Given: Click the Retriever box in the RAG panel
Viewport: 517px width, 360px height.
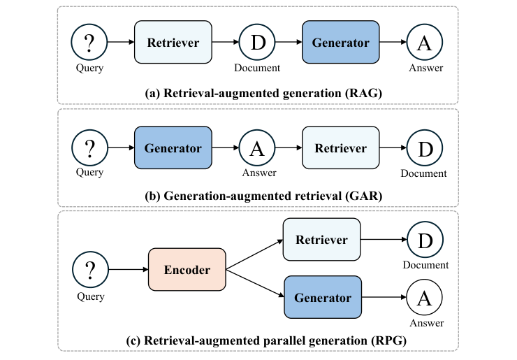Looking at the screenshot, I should click(173, 43).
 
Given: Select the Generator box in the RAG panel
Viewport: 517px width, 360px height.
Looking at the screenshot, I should click(340, 43).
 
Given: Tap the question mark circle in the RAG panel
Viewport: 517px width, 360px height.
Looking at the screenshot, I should click(89, 43).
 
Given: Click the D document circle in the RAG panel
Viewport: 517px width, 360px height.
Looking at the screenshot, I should click(258, 43).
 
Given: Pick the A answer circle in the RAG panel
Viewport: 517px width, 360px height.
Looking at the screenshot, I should click(424, 43).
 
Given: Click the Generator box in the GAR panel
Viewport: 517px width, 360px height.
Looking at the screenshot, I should click(173, 148).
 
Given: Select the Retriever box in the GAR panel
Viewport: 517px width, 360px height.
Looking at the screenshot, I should click(340, 148).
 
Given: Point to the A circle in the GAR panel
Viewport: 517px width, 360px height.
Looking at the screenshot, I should click(258, 148).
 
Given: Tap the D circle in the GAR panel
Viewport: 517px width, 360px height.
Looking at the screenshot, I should click(424, 148).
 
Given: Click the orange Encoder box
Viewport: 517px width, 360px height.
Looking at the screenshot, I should click(187, 268).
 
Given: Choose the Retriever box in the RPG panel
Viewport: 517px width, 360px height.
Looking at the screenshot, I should click(321, 240).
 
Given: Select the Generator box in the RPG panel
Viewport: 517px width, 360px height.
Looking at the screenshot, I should click(322, 298).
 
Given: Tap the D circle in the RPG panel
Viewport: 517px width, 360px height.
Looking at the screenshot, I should click(424, 240).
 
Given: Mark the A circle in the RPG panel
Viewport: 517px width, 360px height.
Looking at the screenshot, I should click(424, 298).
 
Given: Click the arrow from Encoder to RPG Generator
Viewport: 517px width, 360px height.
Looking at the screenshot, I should click(255, 283).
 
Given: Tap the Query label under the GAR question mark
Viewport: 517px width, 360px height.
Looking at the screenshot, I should click(89, 173).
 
